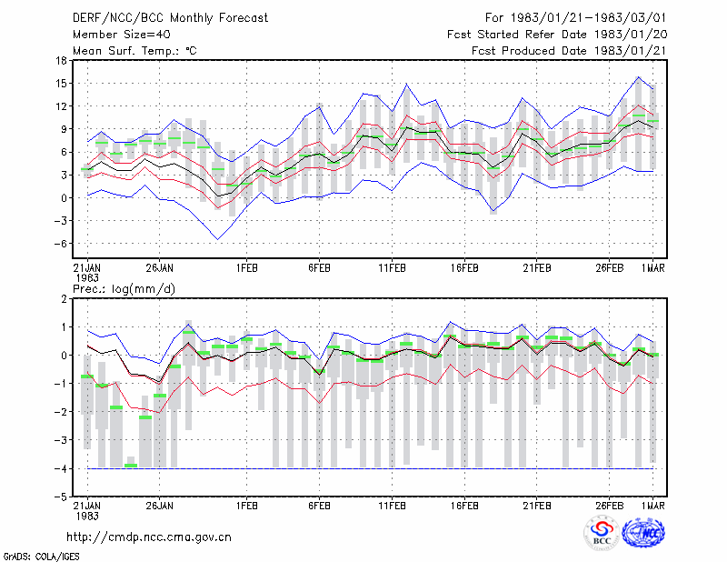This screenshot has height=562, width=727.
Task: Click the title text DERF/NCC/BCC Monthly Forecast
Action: coord(170,18)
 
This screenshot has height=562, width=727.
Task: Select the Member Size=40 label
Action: coord(122,35)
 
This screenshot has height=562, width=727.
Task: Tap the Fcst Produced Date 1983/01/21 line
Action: coord(569,51)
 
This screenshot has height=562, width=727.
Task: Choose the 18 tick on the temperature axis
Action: coord(61,60)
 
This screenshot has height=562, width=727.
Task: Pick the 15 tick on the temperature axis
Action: coord(61,83)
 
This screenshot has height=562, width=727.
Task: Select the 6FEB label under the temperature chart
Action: coord(319,268)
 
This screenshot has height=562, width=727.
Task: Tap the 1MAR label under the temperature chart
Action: coord(653,268)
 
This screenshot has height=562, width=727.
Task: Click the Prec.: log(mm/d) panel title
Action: coord(124,289)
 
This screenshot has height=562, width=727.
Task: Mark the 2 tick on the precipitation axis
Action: coord(64,299)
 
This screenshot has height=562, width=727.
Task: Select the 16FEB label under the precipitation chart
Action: coord(464,506)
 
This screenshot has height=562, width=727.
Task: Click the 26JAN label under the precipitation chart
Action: coord(160,506)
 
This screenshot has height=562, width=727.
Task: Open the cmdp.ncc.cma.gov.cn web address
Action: coord(149,537)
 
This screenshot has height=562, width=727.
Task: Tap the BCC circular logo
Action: coord(602,533)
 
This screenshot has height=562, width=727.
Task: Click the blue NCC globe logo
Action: coord(643,533)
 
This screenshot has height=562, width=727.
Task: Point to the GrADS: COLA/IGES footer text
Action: coord(42,557)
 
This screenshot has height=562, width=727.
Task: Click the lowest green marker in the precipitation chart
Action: coord(131,466)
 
